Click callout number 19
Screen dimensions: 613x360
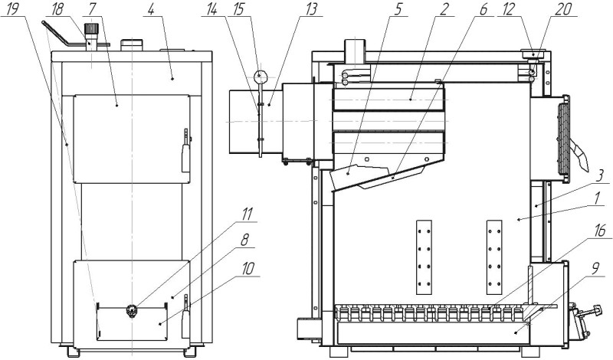coord(12,9)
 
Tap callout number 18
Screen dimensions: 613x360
coord(57,9)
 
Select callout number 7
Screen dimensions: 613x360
coord(91,9)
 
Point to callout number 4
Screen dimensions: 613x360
coord(150,9)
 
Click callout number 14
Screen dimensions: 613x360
coord(212,9)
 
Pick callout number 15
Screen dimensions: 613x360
coord(239,9)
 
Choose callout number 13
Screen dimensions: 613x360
coord(311,9)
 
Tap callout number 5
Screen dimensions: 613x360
coord(398,9)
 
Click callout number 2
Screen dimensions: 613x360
coord(444,9)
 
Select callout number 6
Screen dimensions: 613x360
coord(484,9)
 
